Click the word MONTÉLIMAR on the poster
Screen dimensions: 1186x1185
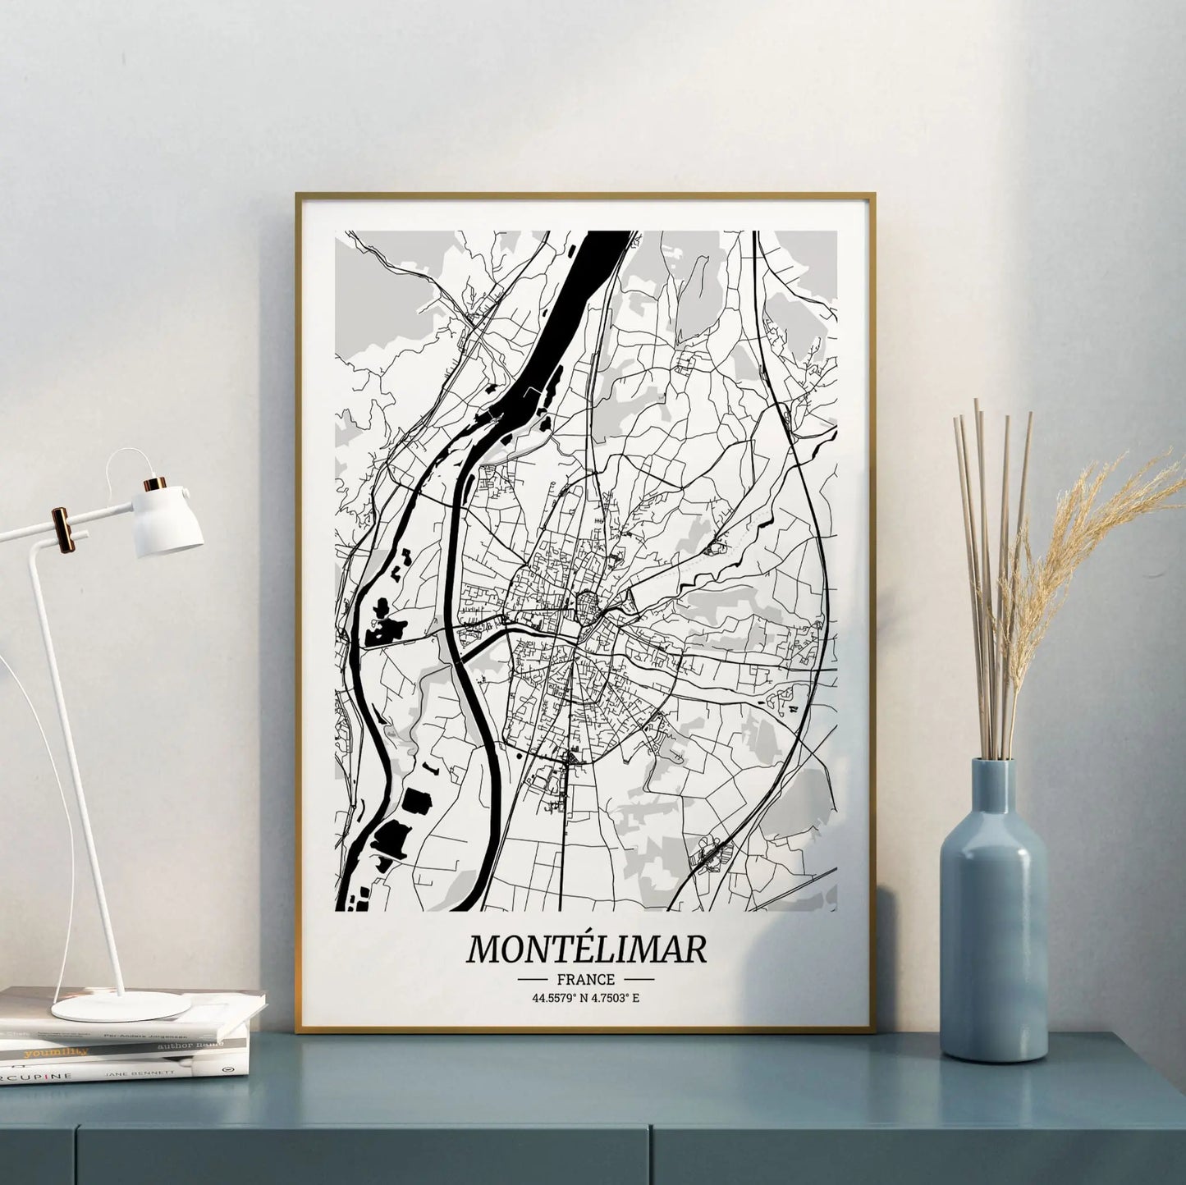[586, 949]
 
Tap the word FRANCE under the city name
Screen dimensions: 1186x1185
[585, 979]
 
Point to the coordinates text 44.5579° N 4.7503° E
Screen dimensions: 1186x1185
[585, 998]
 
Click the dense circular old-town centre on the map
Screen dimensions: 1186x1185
[588, 606]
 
